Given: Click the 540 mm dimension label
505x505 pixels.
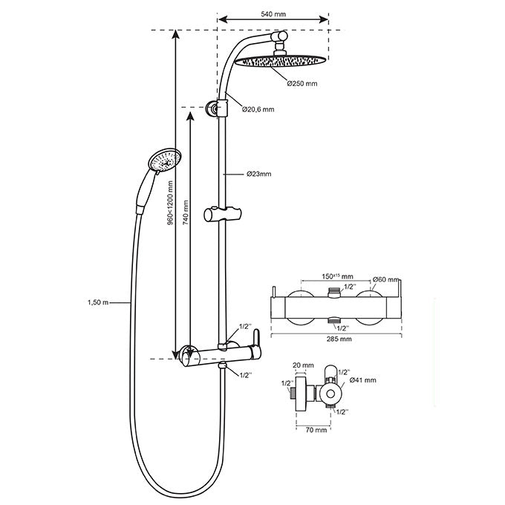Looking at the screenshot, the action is pyautogui.click(x=273, y=14).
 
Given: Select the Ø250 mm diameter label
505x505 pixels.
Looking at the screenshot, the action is pyautogui.click(x=302, y=84).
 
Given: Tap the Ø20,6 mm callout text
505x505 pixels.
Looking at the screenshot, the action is pyautogui.click(x=258, y=109).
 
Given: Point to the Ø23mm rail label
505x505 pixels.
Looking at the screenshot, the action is pyautogui.click(x=258, y=174).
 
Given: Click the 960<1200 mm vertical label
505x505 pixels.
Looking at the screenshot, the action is pyautogui.click(x=170, y=203).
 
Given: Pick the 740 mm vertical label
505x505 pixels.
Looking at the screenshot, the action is pyautogui.click(x=186, y=212).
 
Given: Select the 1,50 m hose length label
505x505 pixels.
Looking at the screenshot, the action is pyautogui.click(x=98, y=303).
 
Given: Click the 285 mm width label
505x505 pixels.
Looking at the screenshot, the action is pyautogui.click(x=339, y=339).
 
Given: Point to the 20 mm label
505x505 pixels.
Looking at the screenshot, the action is pyautogui.click(x=303, y=365).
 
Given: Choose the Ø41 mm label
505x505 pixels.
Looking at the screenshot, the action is pyautogui.click(x=362, y=380).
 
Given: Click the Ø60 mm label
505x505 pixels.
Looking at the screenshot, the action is pyautogui.click(x=386, y=279).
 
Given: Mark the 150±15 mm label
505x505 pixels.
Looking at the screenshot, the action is pyautogui.click(x=337, y=276).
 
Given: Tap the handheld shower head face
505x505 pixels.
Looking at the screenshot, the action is pyautogui.click(x=165, y=160).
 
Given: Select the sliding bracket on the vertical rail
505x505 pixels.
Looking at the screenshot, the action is pyautogui.click(x=223, y=215).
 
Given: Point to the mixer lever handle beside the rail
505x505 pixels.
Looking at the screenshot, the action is pyautogui.click(x=256, y=343).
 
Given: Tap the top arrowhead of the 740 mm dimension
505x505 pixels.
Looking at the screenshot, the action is pyautogui.click(x=190, y=117).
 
